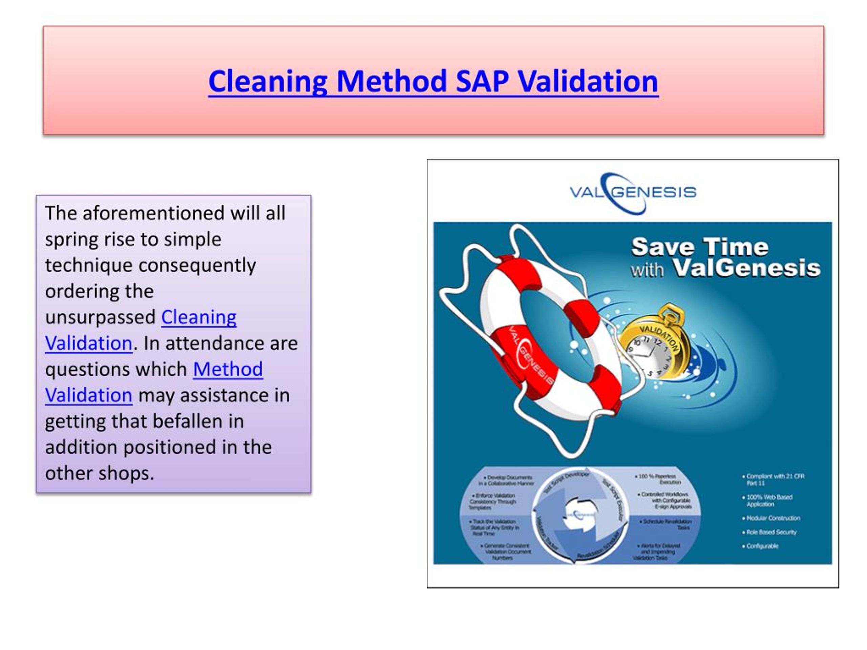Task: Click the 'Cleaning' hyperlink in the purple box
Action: point(199,317)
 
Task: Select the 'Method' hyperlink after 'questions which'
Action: point(228,369)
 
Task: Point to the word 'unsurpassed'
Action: point(100,317)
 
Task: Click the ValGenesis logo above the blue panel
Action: point(633,192)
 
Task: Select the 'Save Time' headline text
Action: point(700,247)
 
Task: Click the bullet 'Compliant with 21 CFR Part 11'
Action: point(775,480)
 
